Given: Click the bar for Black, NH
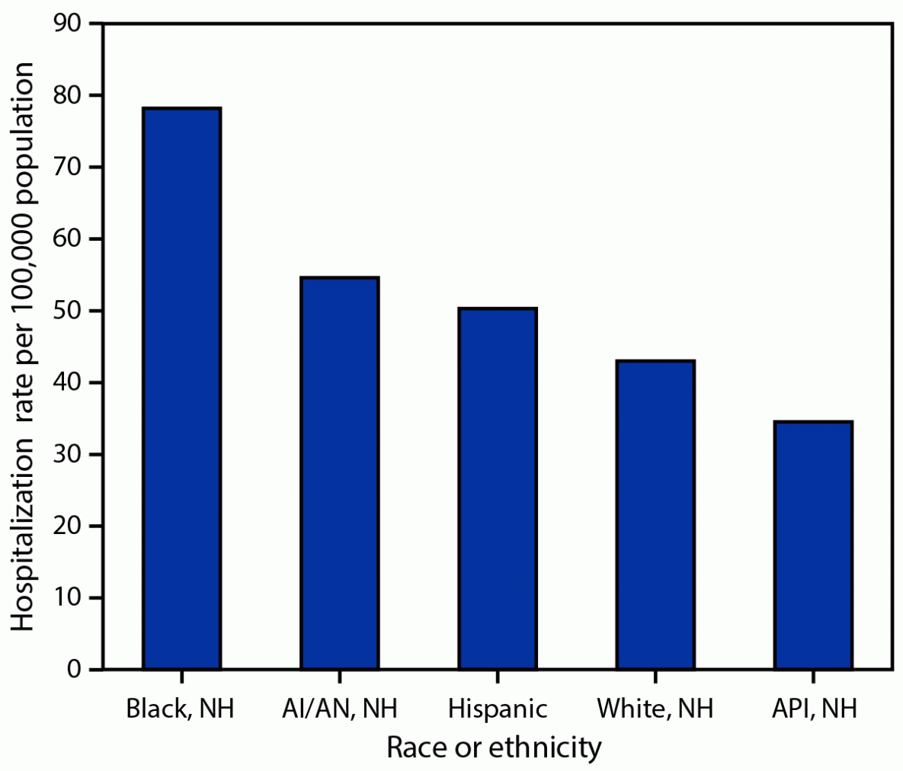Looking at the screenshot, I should pos(182,389).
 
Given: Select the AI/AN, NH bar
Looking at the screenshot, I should pos(340,473).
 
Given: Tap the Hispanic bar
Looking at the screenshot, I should pos(498,488).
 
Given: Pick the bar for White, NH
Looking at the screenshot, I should pos(655,514).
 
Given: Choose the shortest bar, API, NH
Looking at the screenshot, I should pos(813,545).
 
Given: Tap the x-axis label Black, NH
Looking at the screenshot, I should pos(180,709).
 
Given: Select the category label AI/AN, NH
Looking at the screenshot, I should pos(339,709).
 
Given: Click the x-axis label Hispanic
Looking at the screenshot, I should pos(498,709).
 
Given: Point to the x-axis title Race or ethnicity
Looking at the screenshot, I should pos(494,747).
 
